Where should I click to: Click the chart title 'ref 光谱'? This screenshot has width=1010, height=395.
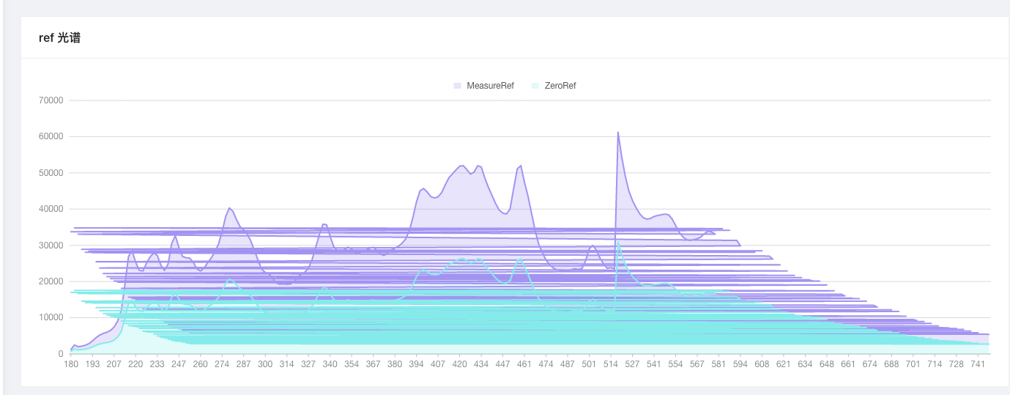point(59,38)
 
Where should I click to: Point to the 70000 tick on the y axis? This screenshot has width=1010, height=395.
point(51,100)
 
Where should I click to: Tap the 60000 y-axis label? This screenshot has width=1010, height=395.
point(51,136)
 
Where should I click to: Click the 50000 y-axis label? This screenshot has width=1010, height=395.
point(51,173)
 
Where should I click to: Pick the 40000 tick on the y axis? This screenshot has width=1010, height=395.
point(51,209)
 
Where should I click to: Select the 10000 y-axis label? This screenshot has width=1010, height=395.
point(51,317)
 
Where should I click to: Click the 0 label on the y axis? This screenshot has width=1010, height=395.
point(61,354)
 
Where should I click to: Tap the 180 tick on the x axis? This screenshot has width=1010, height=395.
point(71,364)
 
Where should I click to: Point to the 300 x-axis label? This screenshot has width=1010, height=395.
point(265,364)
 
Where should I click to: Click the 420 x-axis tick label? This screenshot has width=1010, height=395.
point(459,364)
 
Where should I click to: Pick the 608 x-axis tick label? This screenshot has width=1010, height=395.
point(762,364)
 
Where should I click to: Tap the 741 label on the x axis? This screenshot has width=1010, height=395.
point(978,364)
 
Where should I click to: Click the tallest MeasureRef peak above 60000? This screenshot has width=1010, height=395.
point(618,133)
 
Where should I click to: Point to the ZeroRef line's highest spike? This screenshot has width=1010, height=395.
point(618,241)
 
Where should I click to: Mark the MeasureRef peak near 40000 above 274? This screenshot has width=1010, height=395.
point(229,208)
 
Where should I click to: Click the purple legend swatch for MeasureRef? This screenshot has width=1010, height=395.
point(457,86)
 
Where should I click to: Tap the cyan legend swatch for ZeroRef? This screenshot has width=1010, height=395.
point(535,86)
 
